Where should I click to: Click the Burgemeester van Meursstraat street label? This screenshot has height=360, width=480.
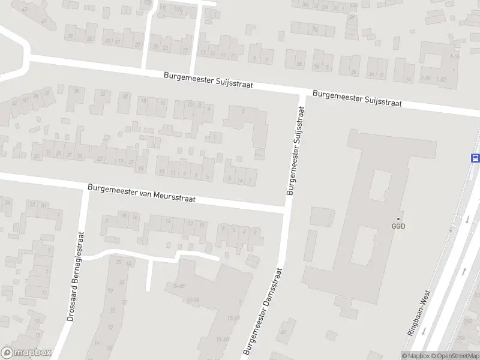pyautogui.click(x=142, y=194)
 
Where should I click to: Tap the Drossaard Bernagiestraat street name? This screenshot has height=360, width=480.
pyautogui.click(x=76, y=277)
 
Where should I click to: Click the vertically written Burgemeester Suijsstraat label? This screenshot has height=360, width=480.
pyautogui.click(x=296, y=151)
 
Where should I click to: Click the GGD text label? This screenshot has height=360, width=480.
pyautogui.click(x=398, y=227)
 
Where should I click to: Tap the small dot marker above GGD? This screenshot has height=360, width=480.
pyautogui.click(x=398, y=218)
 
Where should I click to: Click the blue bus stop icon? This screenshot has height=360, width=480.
pyautogui.click(x=475, y=158)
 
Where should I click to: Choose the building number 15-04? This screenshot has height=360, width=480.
pyautogui.click(x=193, y=300)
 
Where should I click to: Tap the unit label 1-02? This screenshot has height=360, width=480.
pyautogui.click(x=441, y=79)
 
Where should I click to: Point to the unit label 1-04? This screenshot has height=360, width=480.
pyautogui.click(x=426, y=79)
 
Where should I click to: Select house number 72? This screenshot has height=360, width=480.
pyautogui.click(x=124, y=302)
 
